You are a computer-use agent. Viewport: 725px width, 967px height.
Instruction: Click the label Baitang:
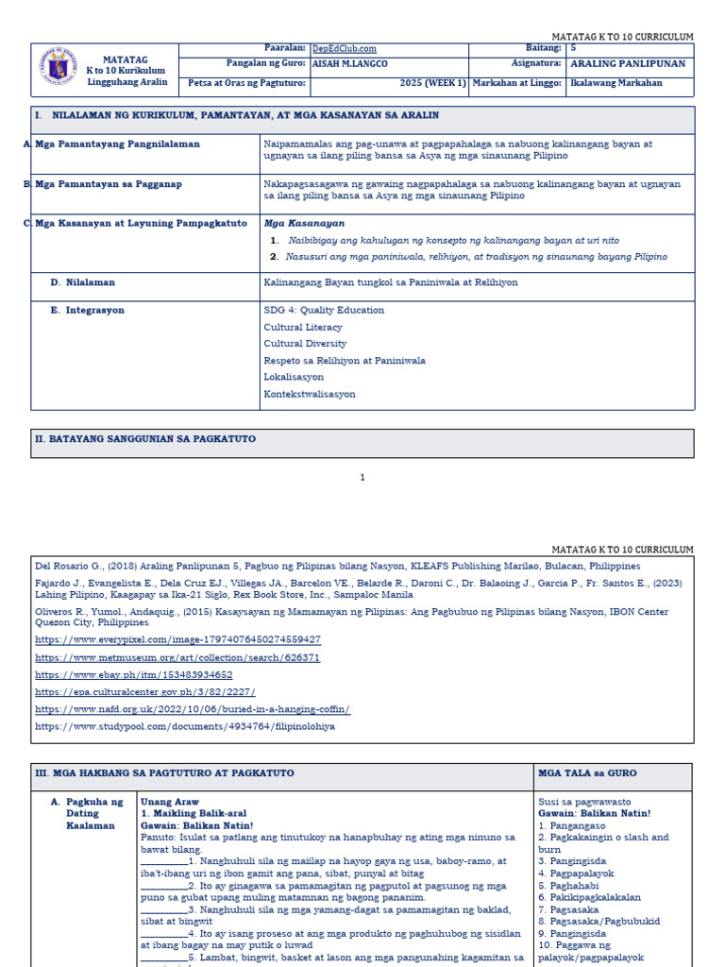(543, 48)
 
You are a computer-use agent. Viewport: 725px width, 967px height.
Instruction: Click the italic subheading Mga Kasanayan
(291, 223)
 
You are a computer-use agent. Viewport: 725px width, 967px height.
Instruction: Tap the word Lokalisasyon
(294, 377)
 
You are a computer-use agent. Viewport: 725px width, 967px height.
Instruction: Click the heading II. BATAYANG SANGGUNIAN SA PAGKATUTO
(145, 439)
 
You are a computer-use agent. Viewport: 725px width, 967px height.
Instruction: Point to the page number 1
(362, 478)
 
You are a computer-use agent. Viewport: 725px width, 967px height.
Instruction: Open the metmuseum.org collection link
(177, 657)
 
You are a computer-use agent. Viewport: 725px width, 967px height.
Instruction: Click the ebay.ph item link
(134, 674)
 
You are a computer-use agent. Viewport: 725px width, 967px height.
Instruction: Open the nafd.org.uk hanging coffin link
(193, 708)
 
